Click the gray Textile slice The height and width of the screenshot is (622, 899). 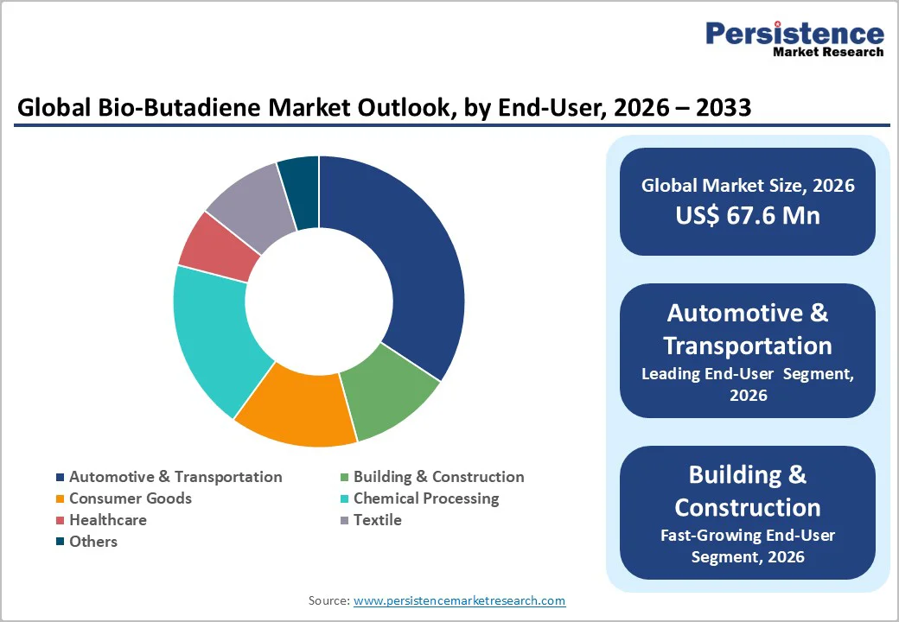[x=247, y=200]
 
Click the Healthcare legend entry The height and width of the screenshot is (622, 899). [x=107, y=520]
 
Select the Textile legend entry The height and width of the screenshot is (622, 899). [x=377, y=520]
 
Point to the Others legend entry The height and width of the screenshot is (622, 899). [x=92, y=542]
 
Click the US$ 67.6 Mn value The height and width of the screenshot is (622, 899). [x=748, y=215]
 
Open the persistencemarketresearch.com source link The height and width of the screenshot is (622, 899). [x=459, y=600]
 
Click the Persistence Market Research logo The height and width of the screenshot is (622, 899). [x=794, y=38]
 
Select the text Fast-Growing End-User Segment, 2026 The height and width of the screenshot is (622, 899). [x=748, y=546]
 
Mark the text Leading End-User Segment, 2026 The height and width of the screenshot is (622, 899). [x=748, y=384]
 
